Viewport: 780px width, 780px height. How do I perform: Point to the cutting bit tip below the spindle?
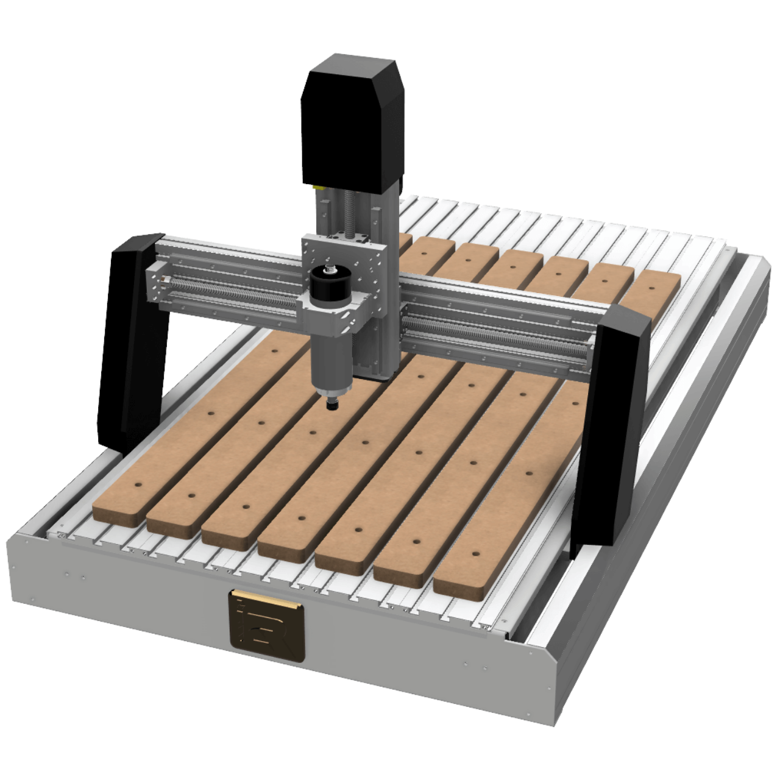(x=332, y=405)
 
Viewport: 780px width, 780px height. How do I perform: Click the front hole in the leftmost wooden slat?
(x=138, y=486)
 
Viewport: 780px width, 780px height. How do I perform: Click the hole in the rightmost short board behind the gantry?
(x=651, y=286)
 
